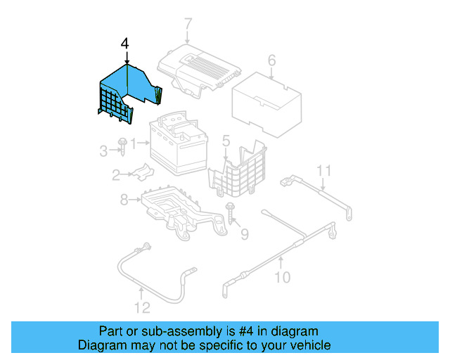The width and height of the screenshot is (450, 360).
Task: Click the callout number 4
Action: coord(125,44)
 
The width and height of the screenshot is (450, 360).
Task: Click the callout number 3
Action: coord(103,150)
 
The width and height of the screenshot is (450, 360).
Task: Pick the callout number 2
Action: coord(116,176)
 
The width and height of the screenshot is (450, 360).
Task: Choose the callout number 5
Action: coord(226,141)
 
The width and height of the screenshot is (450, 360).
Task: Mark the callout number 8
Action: coord(124,200)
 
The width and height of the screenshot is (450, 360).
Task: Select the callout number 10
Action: coord(281,277)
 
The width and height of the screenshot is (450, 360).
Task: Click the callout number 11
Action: coord(323,170)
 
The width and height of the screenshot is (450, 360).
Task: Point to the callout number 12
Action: coord(142,307)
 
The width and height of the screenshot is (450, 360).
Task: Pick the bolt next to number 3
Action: coord(122,146)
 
